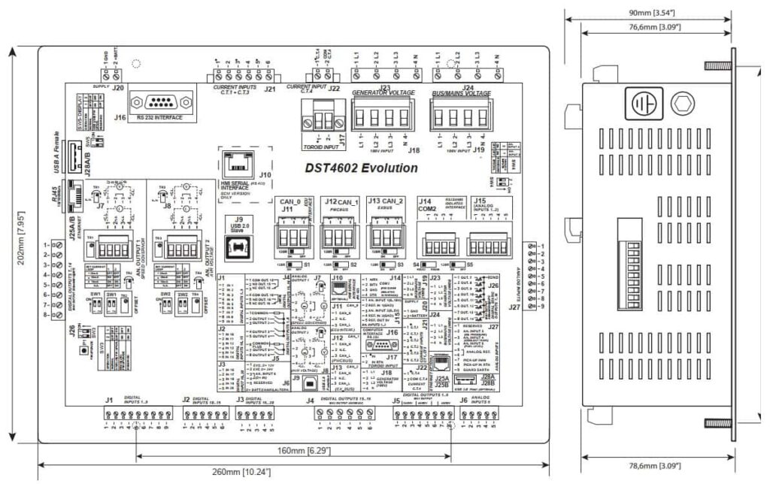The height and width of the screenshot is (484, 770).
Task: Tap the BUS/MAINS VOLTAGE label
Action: pyautogui.click(x=461, y=94)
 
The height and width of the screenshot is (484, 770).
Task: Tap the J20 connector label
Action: pyautogui.click(x=117, y=86)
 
